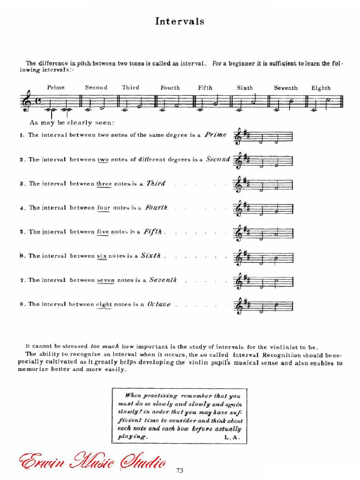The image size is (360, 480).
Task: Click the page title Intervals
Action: tap(180, 21)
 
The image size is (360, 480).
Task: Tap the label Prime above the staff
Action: tap(56, 87)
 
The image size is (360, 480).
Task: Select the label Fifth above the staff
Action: tap(205, 88)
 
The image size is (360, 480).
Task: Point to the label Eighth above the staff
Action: tap(321, 88)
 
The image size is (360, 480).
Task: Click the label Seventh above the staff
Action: tap(285, 88)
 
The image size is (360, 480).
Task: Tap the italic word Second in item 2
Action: tap(218, 159)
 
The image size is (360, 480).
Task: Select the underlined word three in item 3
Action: tap(104, 183)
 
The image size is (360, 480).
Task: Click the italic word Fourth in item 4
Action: tap(156, 208)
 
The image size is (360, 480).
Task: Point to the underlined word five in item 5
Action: tap(103, 232)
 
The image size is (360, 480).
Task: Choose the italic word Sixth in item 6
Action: tap(151, 256)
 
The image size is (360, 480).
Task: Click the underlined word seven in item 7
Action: tap(106, 280)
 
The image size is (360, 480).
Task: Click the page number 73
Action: tap(180, 471)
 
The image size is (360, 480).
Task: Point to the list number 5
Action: tap(22, 232)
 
